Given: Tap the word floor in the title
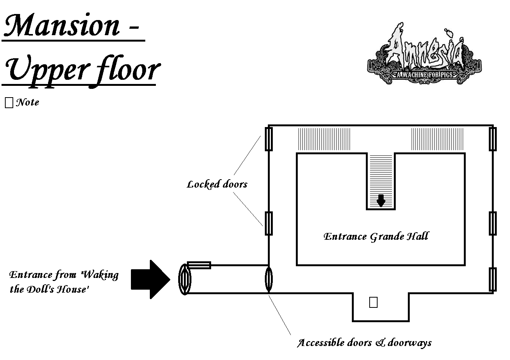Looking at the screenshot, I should click(x=127, y=70).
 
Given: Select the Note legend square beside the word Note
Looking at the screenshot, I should click(x=9, y=102).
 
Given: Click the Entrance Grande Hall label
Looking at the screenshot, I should click(x=376, y=237).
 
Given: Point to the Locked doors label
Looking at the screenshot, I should click(x=217, y=185).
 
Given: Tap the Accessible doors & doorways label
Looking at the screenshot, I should click(x=364, y=343).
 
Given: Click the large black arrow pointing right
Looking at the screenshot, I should click(x=150, y=279).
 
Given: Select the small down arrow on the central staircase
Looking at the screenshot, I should click(x=381, y=200).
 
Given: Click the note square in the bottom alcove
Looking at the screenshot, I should click(x=373, y=303).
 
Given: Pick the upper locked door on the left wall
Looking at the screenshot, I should click(x=268, y=139).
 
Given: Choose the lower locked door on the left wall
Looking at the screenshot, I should click(x=268, y=223).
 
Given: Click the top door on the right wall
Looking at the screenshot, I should click(x=492, y=139).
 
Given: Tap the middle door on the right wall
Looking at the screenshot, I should click(x=492, y=223).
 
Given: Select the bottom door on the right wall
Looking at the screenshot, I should click(x=492, y=279).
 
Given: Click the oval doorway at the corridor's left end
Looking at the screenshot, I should click(x=185, y=279).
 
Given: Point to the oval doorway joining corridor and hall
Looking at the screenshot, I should click(x=268, y=279).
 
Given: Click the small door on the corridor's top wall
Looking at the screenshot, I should click(x=199, y=265).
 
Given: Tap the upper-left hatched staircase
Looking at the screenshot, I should click(x=324, y=139).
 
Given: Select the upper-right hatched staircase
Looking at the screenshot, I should click(x=437, y=139).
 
